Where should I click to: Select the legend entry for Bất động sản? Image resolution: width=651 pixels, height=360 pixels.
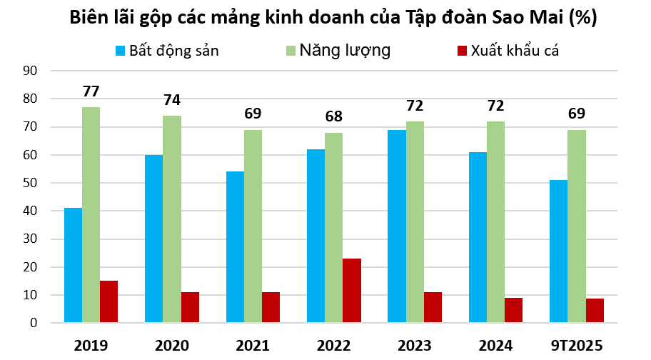[167, 51]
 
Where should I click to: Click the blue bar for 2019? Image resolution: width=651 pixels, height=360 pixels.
[73, 265]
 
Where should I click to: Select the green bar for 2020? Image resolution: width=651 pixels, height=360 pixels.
[172, 219]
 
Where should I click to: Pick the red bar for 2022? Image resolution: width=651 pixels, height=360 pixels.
[352, 291]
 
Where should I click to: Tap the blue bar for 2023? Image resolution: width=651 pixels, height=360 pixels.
[397, 226]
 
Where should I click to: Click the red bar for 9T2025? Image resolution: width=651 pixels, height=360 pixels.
[595, 311]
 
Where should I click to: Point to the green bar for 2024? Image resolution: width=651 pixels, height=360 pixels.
[495, 222]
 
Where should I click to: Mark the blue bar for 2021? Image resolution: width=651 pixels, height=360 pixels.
[235, 247]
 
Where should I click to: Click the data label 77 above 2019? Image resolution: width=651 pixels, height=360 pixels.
[91, 91]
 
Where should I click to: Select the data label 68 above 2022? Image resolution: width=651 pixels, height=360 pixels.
[334, 116]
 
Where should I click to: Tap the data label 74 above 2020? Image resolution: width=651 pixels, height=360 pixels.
[172, 100]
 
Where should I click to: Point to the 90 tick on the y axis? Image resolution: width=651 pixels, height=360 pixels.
[30, 71]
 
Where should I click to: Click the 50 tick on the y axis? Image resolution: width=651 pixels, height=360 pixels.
[30, 183]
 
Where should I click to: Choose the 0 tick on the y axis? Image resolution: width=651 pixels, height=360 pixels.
[33, 323]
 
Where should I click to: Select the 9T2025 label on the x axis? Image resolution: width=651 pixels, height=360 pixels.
[577, 346]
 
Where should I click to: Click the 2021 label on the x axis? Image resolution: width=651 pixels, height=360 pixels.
[253, 346]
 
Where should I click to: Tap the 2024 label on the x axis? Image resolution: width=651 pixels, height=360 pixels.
[495, 346]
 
